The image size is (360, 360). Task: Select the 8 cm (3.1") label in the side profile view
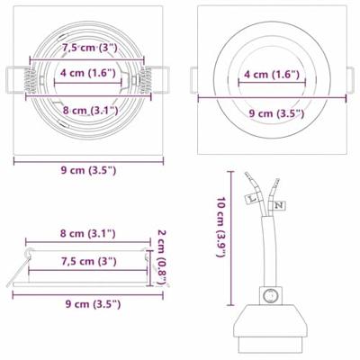87,233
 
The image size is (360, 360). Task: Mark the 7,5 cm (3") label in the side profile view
87,262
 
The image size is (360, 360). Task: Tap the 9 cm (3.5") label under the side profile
87,303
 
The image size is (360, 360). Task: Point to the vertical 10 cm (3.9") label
220,227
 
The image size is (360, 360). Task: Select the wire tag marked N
280,205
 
